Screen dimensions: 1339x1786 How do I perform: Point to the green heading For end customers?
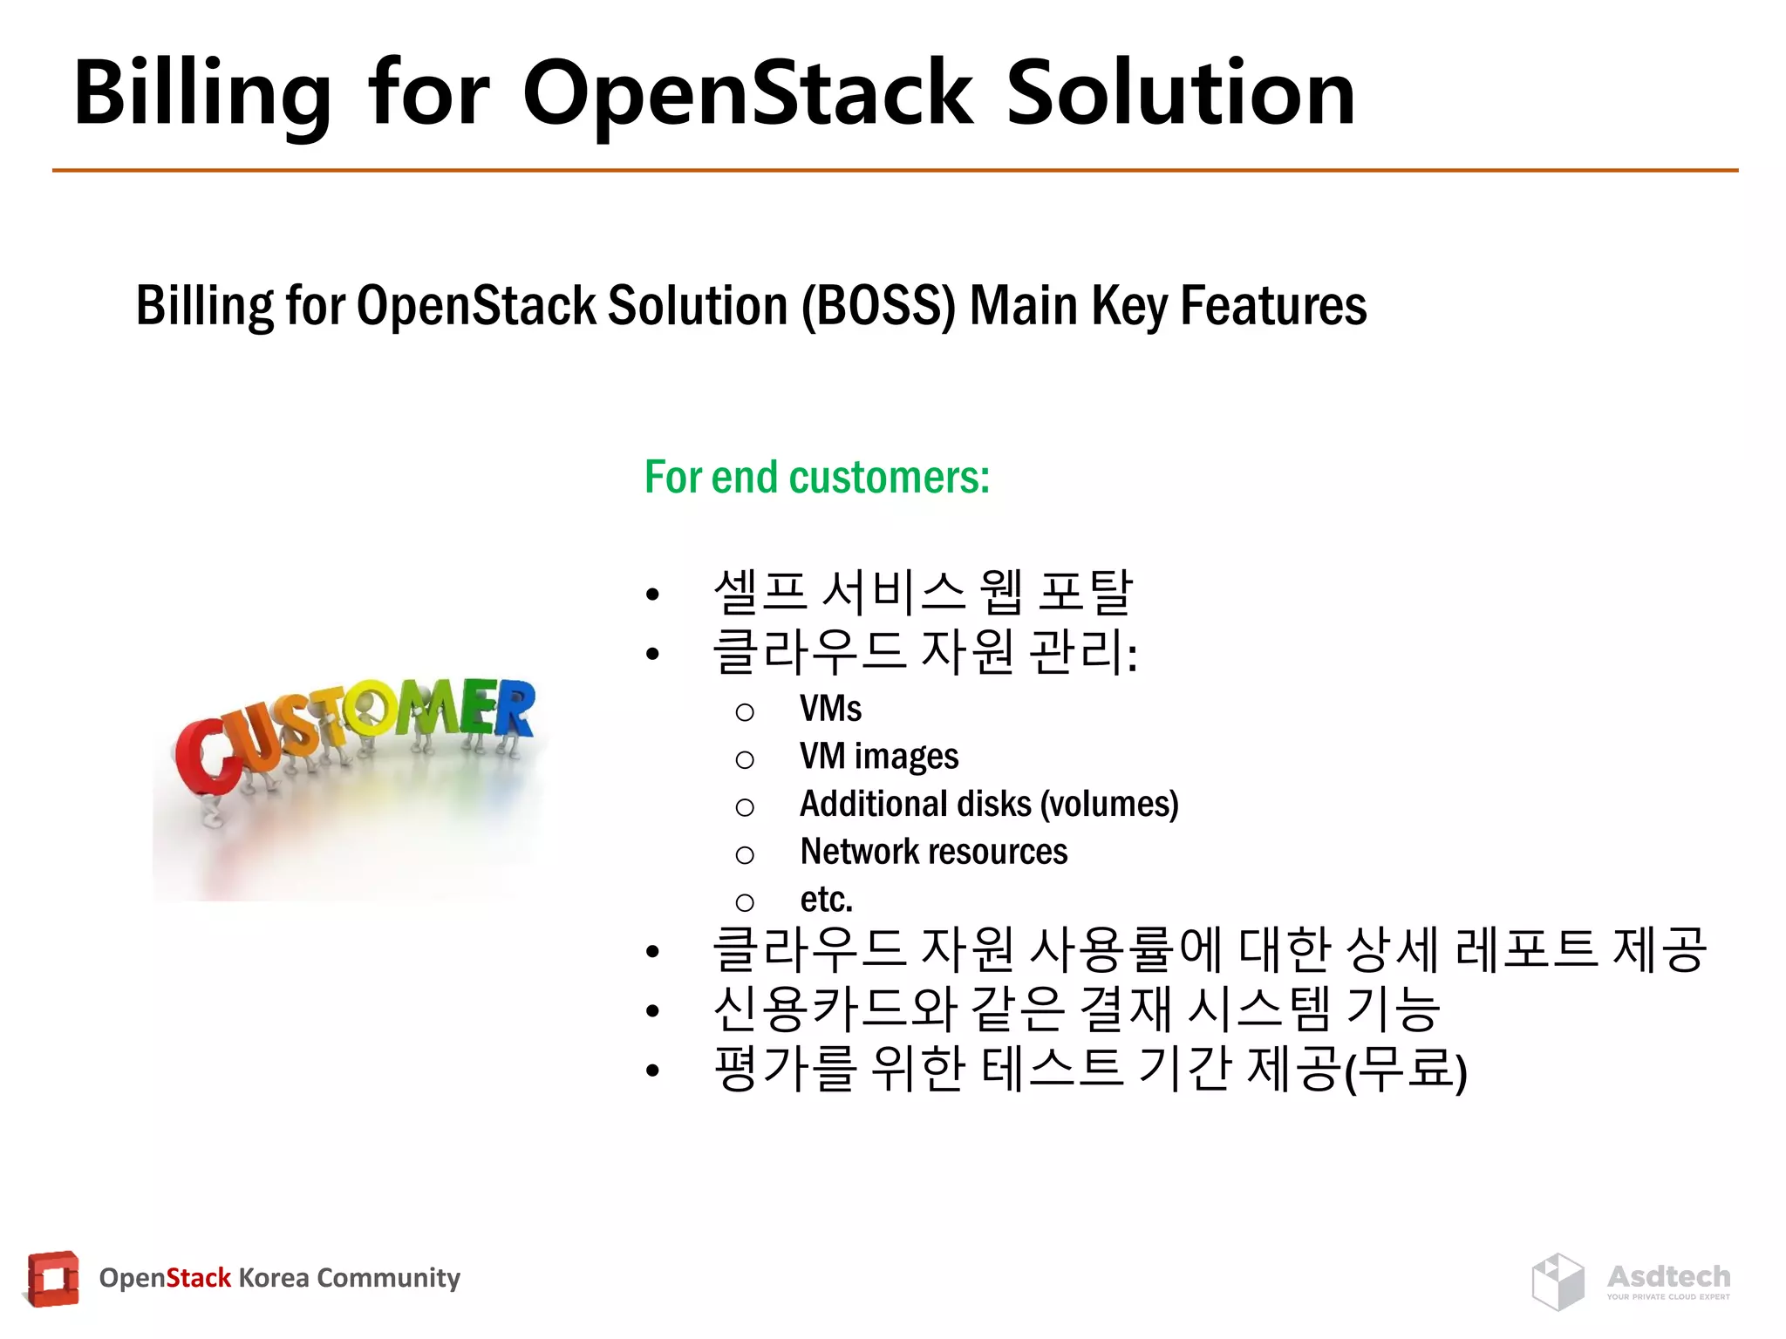817,478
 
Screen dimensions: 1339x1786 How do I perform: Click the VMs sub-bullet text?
830,709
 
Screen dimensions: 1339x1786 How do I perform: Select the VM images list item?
878,757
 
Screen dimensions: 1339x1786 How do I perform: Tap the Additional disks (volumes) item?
988,804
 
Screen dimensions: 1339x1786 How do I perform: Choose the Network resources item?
933,852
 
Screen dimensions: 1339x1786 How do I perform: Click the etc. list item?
826,900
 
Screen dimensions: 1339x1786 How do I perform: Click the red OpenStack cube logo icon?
52,1279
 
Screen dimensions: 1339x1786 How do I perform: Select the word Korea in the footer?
273,1278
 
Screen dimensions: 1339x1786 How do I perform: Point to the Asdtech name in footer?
1668,1276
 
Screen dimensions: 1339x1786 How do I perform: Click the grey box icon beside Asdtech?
1558,1281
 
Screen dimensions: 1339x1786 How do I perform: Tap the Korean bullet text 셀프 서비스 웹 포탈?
922,593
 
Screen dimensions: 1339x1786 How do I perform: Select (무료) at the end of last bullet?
1406,1071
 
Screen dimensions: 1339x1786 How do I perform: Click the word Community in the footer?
388,1278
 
